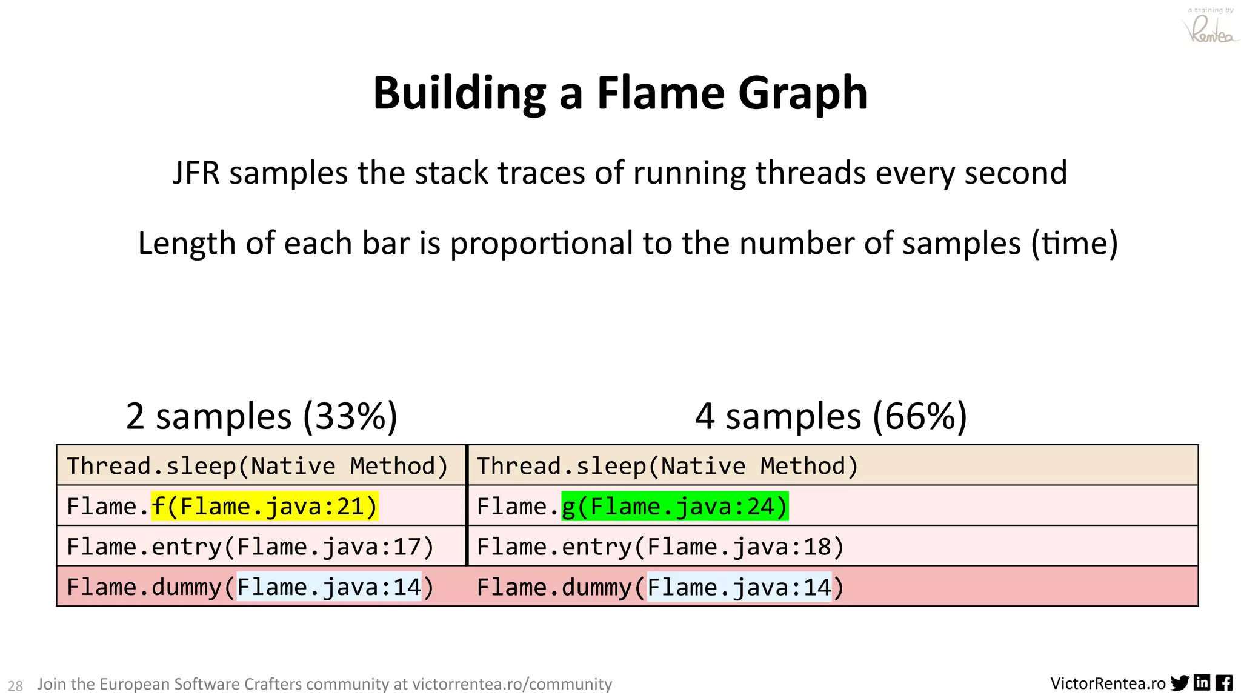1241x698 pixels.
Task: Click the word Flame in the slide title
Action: pyautogui.click(x=660, y=93)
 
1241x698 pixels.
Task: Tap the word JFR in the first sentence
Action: pyautogui.click(x=195, y=173)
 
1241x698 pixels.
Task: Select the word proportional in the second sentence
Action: pyautogui.click(x=541, y=244)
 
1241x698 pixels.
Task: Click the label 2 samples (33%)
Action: pyautogui.click(x=261, y=416)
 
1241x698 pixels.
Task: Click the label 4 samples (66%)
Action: pyautogui.click(x=831, y=416)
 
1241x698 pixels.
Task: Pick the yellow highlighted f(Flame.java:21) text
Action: pyautogui.click(x=264, y=507)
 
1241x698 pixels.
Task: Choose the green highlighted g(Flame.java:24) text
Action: pyautogui.click(x=674, y=507)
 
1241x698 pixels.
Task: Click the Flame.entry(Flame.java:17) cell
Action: pyautogui.click(x=250, y=547)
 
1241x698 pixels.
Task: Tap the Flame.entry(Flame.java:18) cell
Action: pyautogui.click(x=660, y=547)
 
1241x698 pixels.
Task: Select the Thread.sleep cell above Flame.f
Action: pyautogui.click(x=258, y=466)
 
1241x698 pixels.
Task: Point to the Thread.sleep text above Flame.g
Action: pyautogui.click(x=668, y=466)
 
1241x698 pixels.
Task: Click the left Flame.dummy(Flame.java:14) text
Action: pyautogui.click(x=250, y=587)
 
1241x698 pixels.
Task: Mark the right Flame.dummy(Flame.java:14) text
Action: pyautogui.click(x=660, y=587)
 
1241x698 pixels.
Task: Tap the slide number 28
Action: pyautogui.click(x=15, y=686)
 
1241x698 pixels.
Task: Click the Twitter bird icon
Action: pyautogui.click(x=1179, y=683)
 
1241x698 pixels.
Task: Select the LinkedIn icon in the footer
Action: pyautogui.click(x=1202, y=683)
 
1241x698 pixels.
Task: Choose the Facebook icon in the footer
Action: pyautogui.click(x=1224, y=683)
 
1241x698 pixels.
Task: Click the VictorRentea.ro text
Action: pyautogui.click(x=1108, y=684)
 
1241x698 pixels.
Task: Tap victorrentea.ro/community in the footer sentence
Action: pyautogui.click(x=512, y=684)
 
